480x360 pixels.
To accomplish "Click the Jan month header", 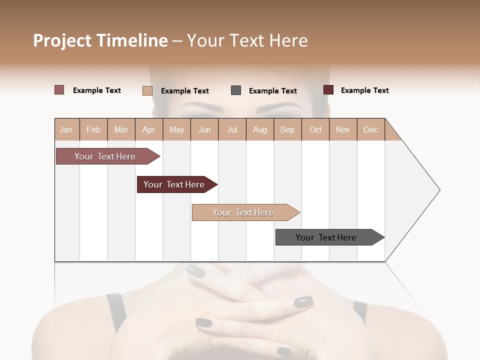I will (66, 129).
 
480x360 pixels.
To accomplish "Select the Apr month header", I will (148, 129).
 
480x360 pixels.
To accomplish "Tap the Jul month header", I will (232, 129).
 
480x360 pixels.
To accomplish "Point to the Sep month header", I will (287, 129).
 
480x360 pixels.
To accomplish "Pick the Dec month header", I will (370, 129).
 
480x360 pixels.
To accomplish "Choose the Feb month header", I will (93, 129).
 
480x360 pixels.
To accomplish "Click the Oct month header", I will (315, 129).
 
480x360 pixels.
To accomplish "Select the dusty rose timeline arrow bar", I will (105, 156).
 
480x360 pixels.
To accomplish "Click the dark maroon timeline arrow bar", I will (174, 184).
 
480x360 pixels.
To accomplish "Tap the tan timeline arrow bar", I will (243, 212).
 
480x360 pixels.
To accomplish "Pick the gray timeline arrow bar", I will (326, 237).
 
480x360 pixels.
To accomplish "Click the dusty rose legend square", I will (59, 90).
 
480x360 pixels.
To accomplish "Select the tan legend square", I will (147, 90).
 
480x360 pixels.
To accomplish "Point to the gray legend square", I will (236, 90).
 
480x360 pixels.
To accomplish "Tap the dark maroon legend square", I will (328, 90).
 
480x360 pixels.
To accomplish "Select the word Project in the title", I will (62, 40).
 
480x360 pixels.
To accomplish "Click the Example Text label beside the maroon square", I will (364, 90).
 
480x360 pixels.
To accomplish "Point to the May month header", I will (176, 129).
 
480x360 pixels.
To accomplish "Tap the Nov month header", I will (343, 129).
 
